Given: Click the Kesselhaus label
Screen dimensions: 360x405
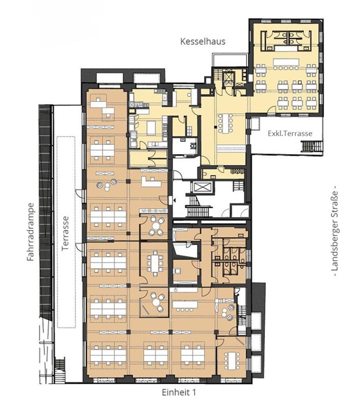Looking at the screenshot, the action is (203, 41).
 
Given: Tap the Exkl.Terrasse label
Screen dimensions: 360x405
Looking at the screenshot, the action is (290, 133).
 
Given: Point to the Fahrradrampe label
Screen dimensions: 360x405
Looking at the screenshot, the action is (31, 232).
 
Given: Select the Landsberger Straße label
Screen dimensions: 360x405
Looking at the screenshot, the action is (335, 231).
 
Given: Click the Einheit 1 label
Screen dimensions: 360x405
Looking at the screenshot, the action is (179, 392).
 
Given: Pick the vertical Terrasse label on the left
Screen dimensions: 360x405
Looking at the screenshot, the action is (65, 233).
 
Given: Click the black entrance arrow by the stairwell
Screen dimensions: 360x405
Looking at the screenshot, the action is (174, 200).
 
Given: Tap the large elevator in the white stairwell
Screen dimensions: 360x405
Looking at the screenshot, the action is (202, 187).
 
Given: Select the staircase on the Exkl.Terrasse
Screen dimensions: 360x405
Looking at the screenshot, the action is (312, 146).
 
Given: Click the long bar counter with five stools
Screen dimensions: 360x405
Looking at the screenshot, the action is (286, 64).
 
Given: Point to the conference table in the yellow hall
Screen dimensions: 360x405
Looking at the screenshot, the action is (224, 123).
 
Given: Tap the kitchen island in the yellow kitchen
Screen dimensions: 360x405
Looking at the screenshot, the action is (150, 128).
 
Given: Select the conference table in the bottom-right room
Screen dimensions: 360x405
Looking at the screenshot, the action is (232, 360).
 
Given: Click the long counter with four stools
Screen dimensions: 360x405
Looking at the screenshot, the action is (185, 306).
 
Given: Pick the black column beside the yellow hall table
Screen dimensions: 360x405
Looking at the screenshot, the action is (214, 127).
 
